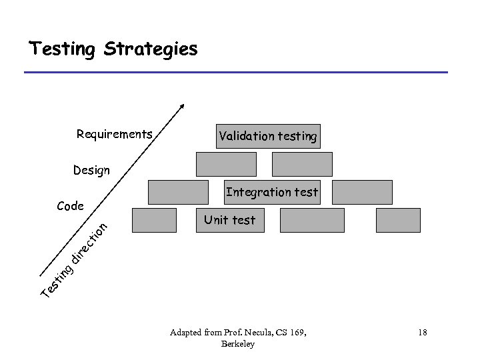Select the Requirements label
(114, 134)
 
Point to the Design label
(91, 170)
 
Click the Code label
(70, 206)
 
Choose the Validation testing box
(268, 136)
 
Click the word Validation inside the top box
(243, 136)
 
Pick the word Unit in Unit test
(215, 220)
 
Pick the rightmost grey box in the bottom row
(399, 220)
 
